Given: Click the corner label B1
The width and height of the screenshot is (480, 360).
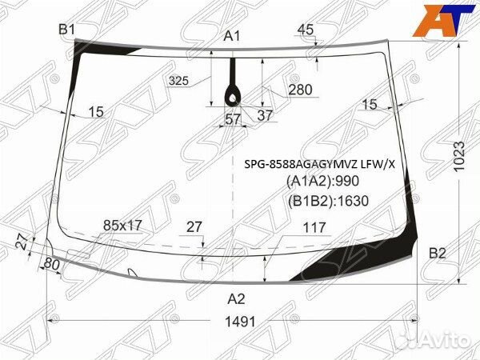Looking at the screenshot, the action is tap(66, 30).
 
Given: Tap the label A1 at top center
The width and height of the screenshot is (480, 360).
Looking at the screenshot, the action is tap(232, 37).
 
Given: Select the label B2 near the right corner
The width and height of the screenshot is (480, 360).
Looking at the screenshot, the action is tap(437, 254).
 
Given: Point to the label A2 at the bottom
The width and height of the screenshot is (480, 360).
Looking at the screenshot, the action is tap(236, 298).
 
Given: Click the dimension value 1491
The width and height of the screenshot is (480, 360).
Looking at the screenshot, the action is tap(240, 322).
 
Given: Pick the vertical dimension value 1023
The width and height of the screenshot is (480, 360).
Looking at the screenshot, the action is tap(459, 156).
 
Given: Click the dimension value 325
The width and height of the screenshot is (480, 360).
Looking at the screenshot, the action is tap(178, 81).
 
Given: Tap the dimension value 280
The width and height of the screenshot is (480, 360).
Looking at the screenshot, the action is tap(300, 90).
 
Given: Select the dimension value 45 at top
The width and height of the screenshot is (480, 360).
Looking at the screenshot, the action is tap(306, 30).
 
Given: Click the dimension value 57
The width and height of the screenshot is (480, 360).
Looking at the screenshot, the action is tap(233, 119).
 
